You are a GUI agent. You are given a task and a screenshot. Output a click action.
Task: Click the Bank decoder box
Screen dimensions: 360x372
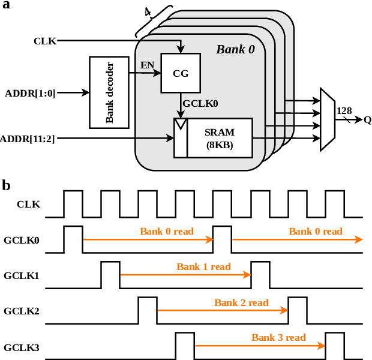pyautogui.click(x=109, y=92)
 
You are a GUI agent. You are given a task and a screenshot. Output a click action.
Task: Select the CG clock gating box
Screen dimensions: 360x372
pyautogui.click(x=181, y=73)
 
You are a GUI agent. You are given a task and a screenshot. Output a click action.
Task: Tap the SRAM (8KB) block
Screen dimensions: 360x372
pyautogui.click(x=219, y=138)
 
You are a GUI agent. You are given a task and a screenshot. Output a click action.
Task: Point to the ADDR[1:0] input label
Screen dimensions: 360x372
pyautogui.click(x=30, y=93)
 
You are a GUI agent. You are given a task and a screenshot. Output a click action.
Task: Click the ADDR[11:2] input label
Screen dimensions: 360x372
pyautogui.click(x=28, y=139)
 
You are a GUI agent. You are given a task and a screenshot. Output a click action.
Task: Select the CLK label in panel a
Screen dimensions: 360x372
pyautogui.click(x=45, y=41)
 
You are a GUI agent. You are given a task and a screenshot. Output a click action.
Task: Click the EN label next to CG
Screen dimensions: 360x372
pyautogui.click(x=147, y=65)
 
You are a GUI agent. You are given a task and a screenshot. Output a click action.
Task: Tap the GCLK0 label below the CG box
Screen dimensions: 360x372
pyautogui.click(x=200, y=103)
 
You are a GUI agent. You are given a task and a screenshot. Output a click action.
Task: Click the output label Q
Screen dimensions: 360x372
pyautogui.click(x=367, y=119)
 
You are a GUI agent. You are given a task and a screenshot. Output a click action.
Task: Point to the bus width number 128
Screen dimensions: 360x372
pyautogui.click(x=344, y=110)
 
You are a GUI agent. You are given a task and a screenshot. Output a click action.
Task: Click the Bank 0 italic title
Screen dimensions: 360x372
pyautogui.click(x=235, y=49)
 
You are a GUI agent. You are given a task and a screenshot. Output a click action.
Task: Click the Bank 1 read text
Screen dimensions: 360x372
pyautogui.click(x=203, y=266)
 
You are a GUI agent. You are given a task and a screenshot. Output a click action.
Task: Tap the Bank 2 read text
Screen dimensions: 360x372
pyautogui.click(x=241, y=302)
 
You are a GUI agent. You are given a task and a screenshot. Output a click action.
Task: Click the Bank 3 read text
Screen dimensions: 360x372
pyautogui.click(x=278, y=337)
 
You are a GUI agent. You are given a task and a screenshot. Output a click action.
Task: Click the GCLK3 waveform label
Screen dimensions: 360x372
pyautogui.click(x=22, y=347)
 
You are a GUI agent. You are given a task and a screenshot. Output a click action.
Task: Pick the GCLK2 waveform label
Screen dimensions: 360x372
pyautogui.click(x=22, y=311)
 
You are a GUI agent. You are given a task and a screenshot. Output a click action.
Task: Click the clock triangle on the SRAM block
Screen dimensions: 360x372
pyautogui.click(x=181, y=124)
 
